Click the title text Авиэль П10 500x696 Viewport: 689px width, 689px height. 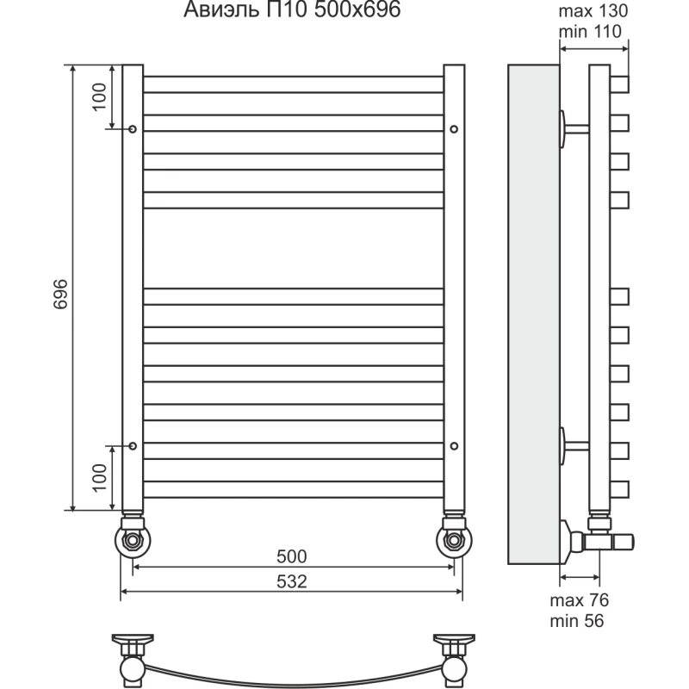(292, 10)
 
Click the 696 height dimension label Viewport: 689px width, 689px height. (61, 294)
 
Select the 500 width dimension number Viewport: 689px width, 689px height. (292, 556)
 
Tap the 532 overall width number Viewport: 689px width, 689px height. (292, 582)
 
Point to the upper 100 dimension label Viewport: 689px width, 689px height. (100, 96)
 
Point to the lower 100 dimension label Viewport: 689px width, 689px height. (100, 478)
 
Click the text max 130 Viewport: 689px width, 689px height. (593, 11)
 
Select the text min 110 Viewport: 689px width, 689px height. (590, 32)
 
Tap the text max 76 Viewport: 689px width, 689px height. (580, 600)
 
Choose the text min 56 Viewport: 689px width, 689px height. (577, 621)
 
